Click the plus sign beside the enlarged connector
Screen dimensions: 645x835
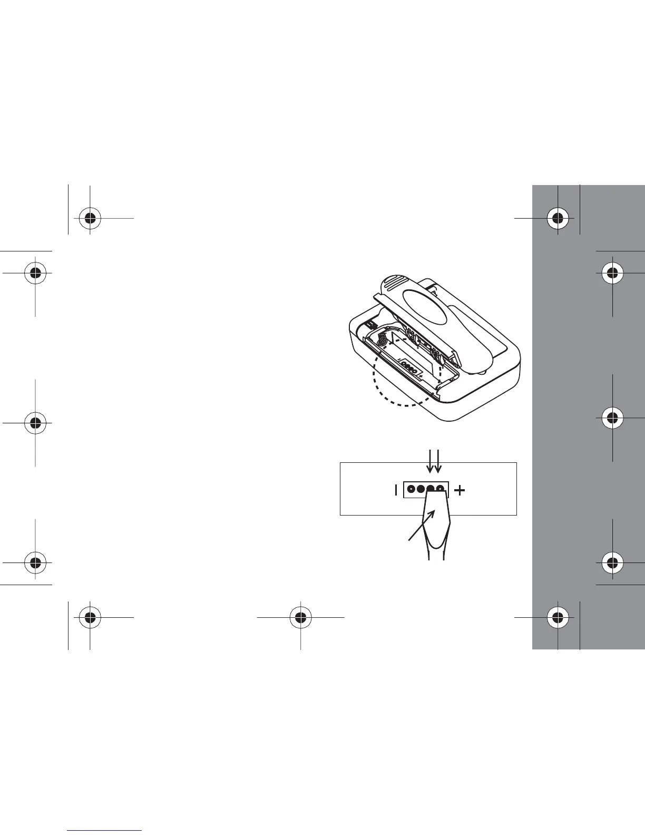tap(460, 491)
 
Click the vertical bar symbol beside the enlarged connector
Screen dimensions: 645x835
tap(396, 491)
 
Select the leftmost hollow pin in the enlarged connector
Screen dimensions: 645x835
tap(411, 489)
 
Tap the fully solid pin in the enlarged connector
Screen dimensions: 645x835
tap(421, 489)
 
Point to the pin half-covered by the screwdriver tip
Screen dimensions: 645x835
tap(431, 488)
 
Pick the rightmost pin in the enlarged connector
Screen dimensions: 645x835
tap(439, 488)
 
